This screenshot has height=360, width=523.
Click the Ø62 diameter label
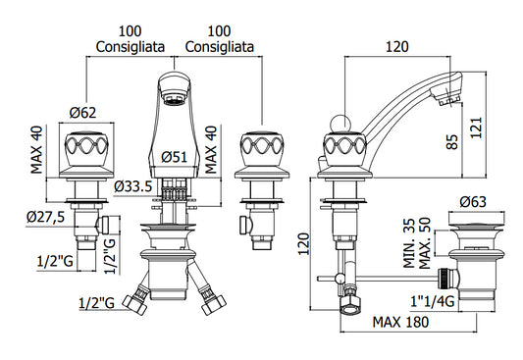82,113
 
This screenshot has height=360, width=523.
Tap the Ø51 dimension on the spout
175,157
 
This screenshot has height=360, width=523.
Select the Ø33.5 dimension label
133,186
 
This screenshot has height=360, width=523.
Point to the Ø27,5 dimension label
46,218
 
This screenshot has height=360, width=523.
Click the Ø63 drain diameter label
473,202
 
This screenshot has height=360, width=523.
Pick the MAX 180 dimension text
400,322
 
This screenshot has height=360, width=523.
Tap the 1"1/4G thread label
433,302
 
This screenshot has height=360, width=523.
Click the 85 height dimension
452,141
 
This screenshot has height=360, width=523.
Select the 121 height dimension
476,128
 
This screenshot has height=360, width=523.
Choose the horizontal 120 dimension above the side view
397,47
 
